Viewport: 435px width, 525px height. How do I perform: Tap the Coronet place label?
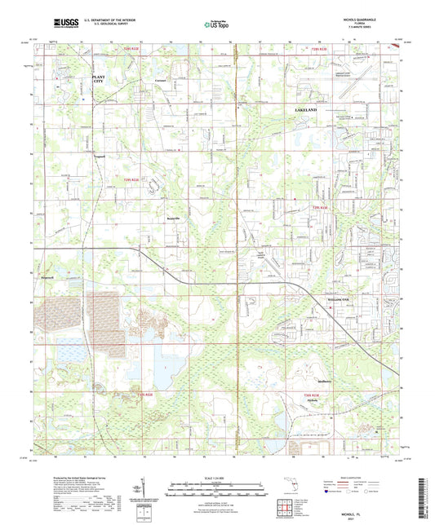(162, 80)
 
